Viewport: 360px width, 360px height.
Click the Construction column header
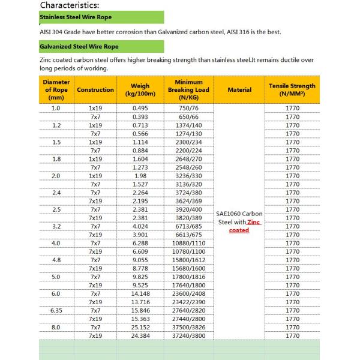point(95,90)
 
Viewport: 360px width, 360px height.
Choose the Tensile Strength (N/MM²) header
point(292,90)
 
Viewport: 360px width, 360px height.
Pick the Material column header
point(239,90)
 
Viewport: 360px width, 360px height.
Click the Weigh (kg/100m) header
point(140,90)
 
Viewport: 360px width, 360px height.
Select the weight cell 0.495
point(140,108)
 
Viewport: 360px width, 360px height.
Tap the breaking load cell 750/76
point(188,108)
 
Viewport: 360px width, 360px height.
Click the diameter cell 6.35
point(56,311)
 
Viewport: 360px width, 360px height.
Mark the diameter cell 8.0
point(56,328)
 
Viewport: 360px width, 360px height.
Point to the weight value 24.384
point(140,337)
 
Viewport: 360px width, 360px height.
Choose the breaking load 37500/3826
point(188,328)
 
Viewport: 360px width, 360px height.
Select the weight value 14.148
point(140,294)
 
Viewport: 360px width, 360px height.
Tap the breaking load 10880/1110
point(188,243)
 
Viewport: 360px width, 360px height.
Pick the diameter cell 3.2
point(56,226)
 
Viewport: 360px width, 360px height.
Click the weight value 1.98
point(140,176)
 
